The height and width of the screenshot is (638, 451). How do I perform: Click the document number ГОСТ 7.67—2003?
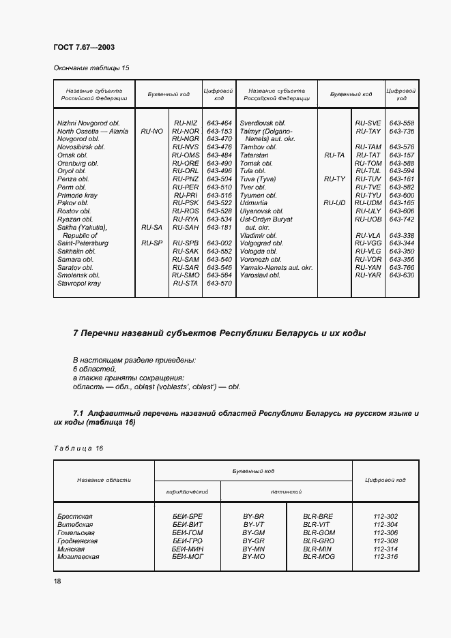click(83, 46)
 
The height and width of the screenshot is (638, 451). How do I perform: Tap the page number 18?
click(57, 580)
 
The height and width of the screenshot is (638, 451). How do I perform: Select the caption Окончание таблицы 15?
click(91, 68)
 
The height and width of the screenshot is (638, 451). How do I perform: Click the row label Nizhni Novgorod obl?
click(88, 123)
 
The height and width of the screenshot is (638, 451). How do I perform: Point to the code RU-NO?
click(151, 131)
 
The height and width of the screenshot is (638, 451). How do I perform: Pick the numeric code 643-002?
click(219, 243)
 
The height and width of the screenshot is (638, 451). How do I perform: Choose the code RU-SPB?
click(186, 243)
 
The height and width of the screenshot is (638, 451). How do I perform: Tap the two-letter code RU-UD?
click(334, 203)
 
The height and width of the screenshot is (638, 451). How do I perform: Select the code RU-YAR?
click(368, 275)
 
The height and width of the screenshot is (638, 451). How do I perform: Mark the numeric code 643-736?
click(401, 131)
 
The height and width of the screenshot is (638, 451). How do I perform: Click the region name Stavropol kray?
click(79, 283)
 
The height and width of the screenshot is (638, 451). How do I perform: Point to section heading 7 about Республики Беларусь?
click(219, 333)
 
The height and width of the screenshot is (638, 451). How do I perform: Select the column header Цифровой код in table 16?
click(385, 480)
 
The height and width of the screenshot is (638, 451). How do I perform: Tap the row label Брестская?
click(75, 517)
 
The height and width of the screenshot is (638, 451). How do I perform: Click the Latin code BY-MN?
click(253, 549)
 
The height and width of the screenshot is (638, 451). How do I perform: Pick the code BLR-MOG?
click(319, 557)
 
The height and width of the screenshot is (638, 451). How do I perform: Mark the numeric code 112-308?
click(385, 541)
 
